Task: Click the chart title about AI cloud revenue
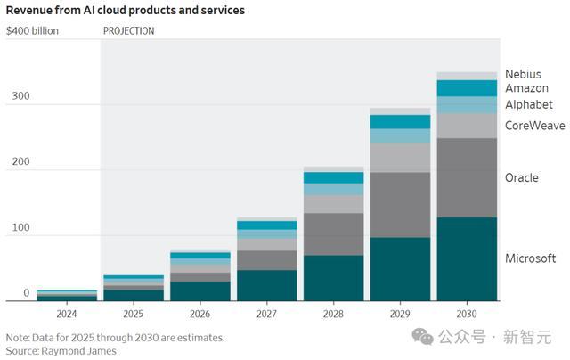coord(126,11)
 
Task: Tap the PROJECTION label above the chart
coord(128,30)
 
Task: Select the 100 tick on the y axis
coord(20,228)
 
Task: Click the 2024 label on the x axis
coord(67,315)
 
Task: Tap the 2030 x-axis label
coord(466,315)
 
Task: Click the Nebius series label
coord(523,74)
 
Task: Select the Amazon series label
coord(526,88)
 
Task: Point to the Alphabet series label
coord(529,104)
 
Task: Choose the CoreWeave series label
coord(534,126)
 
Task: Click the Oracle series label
coord(522,177)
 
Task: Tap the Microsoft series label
coord(530,258)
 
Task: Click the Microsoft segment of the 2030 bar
coord(467,258)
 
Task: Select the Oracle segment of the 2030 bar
coord(467,177)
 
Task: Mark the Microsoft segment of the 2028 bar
coord(333,278)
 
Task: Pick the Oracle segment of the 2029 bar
coord(400,204)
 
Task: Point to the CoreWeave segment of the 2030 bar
coord(467,126)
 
